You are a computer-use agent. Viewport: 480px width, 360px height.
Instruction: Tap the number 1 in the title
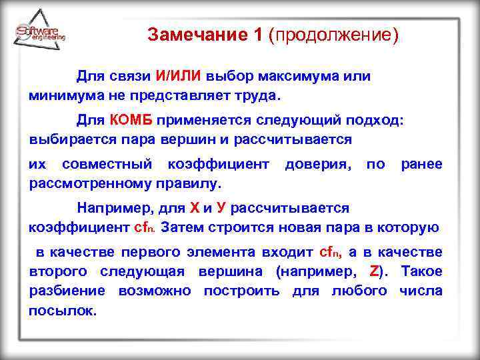258,34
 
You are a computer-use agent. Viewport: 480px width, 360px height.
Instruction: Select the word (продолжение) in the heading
333,34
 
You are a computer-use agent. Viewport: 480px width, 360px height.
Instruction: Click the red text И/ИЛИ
178,76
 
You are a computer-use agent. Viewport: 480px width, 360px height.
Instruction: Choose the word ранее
421,164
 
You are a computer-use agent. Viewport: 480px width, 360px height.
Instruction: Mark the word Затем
185,227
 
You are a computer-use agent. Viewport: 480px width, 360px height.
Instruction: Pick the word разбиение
67,291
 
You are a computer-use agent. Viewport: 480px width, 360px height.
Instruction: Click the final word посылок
63,310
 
